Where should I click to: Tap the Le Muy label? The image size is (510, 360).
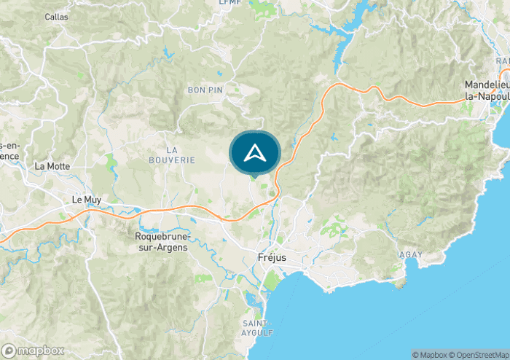click(86, 198)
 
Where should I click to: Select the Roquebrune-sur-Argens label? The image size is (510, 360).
click(162, 242)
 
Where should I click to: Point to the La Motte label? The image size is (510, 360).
click(52, 166)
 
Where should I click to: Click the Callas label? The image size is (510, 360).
click(56, 16)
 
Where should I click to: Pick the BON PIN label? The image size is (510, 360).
click(205, 90)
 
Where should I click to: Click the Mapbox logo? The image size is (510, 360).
click(33, 351)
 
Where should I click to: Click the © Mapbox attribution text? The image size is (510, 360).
click(431, 355)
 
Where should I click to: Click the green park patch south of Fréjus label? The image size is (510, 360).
click(272, 281)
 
